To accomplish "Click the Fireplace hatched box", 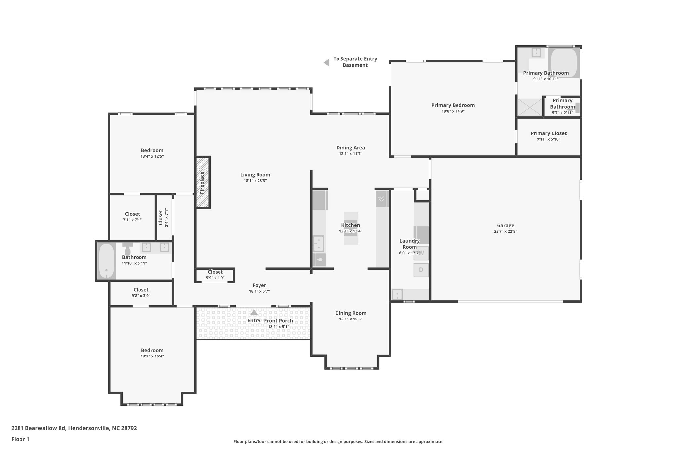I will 202,182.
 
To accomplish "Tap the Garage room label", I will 505,226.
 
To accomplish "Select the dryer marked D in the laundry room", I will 421,270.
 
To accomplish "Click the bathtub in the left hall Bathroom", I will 106,261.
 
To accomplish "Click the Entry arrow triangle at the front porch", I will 254,312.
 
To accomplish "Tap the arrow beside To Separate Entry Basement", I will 327,62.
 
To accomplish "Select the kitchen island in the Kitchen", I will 351,228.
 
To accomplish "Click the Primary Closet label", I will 548,133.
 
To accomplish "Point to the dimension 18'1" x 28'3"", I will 255,181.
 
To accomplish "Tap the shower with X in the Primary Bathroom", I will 530,107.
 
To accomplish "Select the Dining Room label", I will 351,313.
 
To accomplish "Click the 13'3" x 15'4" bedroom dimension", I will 152,356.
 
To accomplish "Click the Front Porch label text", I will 278,321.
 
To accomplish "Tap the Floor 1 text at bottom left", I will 20,439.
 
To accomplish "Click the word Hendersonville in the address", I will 88,428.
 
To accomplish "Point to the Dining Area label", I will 351,148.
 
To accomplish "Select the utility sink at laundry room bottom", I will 397,294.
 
